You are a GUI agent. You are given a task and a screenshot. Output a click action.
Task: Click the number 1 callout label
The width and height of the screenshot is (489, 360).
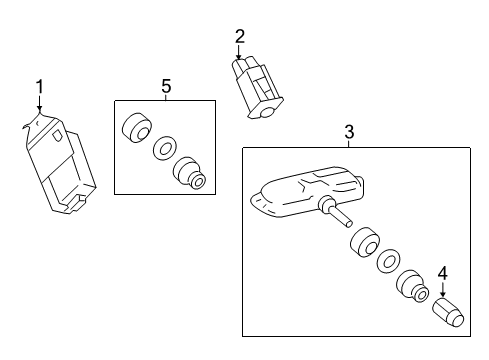coord(40,87)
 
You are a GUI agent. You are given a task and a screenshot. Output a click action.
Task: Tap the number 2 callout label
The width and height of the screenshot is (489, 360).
coord(239,36)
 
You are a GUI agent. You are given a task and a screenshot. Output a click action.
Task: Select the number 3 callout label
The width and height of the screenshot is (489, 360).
coord(349,131)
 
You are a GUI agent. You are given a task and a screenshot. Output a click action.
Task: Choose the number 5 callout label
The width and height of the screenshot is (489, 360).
coord(165,86)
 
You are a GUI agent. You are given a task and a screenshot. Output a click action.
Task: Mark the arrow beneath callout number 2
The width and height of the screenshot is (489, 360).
coord(239,53)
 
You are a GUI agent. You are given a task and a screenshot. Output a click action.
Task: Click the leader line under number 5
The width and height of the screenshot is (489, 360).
coord(165,97)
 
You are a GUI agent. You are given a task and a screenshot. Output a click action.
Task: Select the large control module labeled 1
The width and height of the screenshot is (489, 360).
coord(60,165)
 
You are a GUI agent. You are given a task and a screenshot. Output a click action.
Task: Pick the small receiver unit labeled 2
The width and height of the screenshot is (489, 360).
coord(255,88)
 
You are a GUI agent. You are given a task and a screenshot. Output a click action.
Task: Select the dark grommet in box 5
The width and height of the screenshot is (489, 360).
coord(134,130)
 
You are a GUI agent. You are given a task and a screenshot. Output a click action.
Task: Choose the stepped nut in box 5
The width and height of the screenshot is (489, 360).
coord(190,173)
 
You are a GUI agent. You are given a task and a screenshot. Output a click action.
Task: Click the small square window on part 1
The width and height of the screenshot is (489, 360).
coord(59,135)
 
